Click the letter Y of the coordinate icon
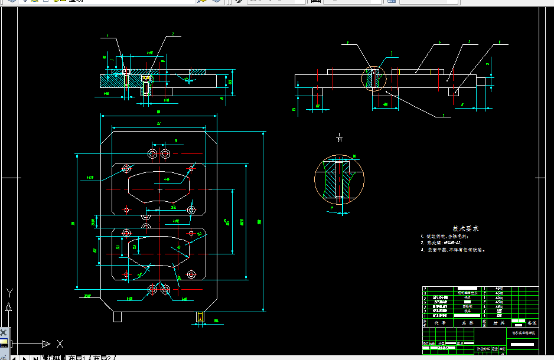click(9, 292)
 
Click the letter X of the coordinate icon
click(60, 344)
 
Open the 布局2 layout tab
click(105, 357)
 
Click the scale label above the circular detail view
click(339, 138)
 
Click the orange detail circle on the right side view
click(373, 78)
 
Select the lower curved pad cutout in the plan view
click(158, 253)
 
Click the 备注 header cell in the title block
click(532, 323)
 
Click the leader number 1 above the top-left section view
click(107, 37)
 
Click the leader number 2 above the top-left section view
click(172, 35)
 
